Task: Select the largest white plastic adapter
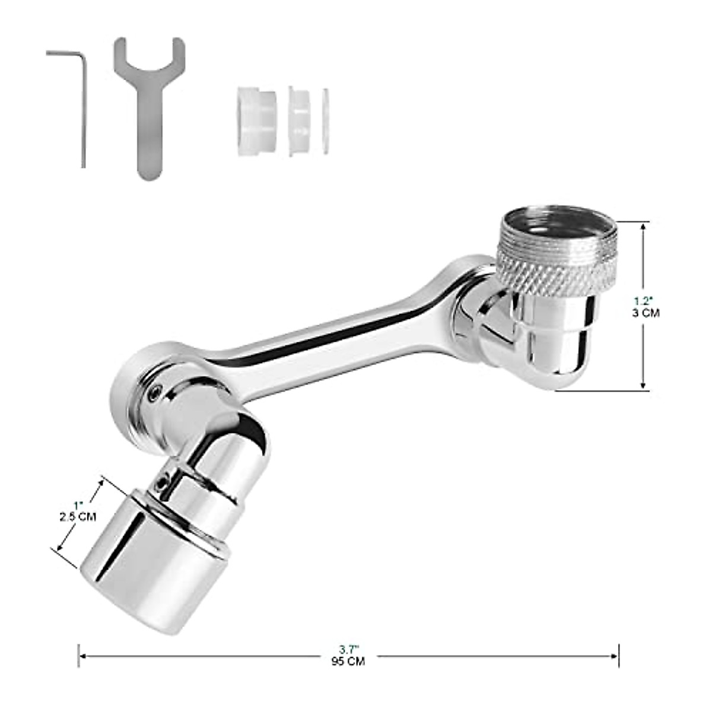[x=256, y=122]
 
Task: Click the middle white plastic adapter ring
[x=299, y=121]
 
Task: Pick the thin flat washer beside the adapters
[x=325, y=121]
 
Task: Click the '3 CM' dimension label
[x=646, y=313]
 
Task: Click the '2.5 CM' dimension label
[x=78, y=517]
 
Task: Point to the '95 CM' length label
[x=348, y=661]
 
